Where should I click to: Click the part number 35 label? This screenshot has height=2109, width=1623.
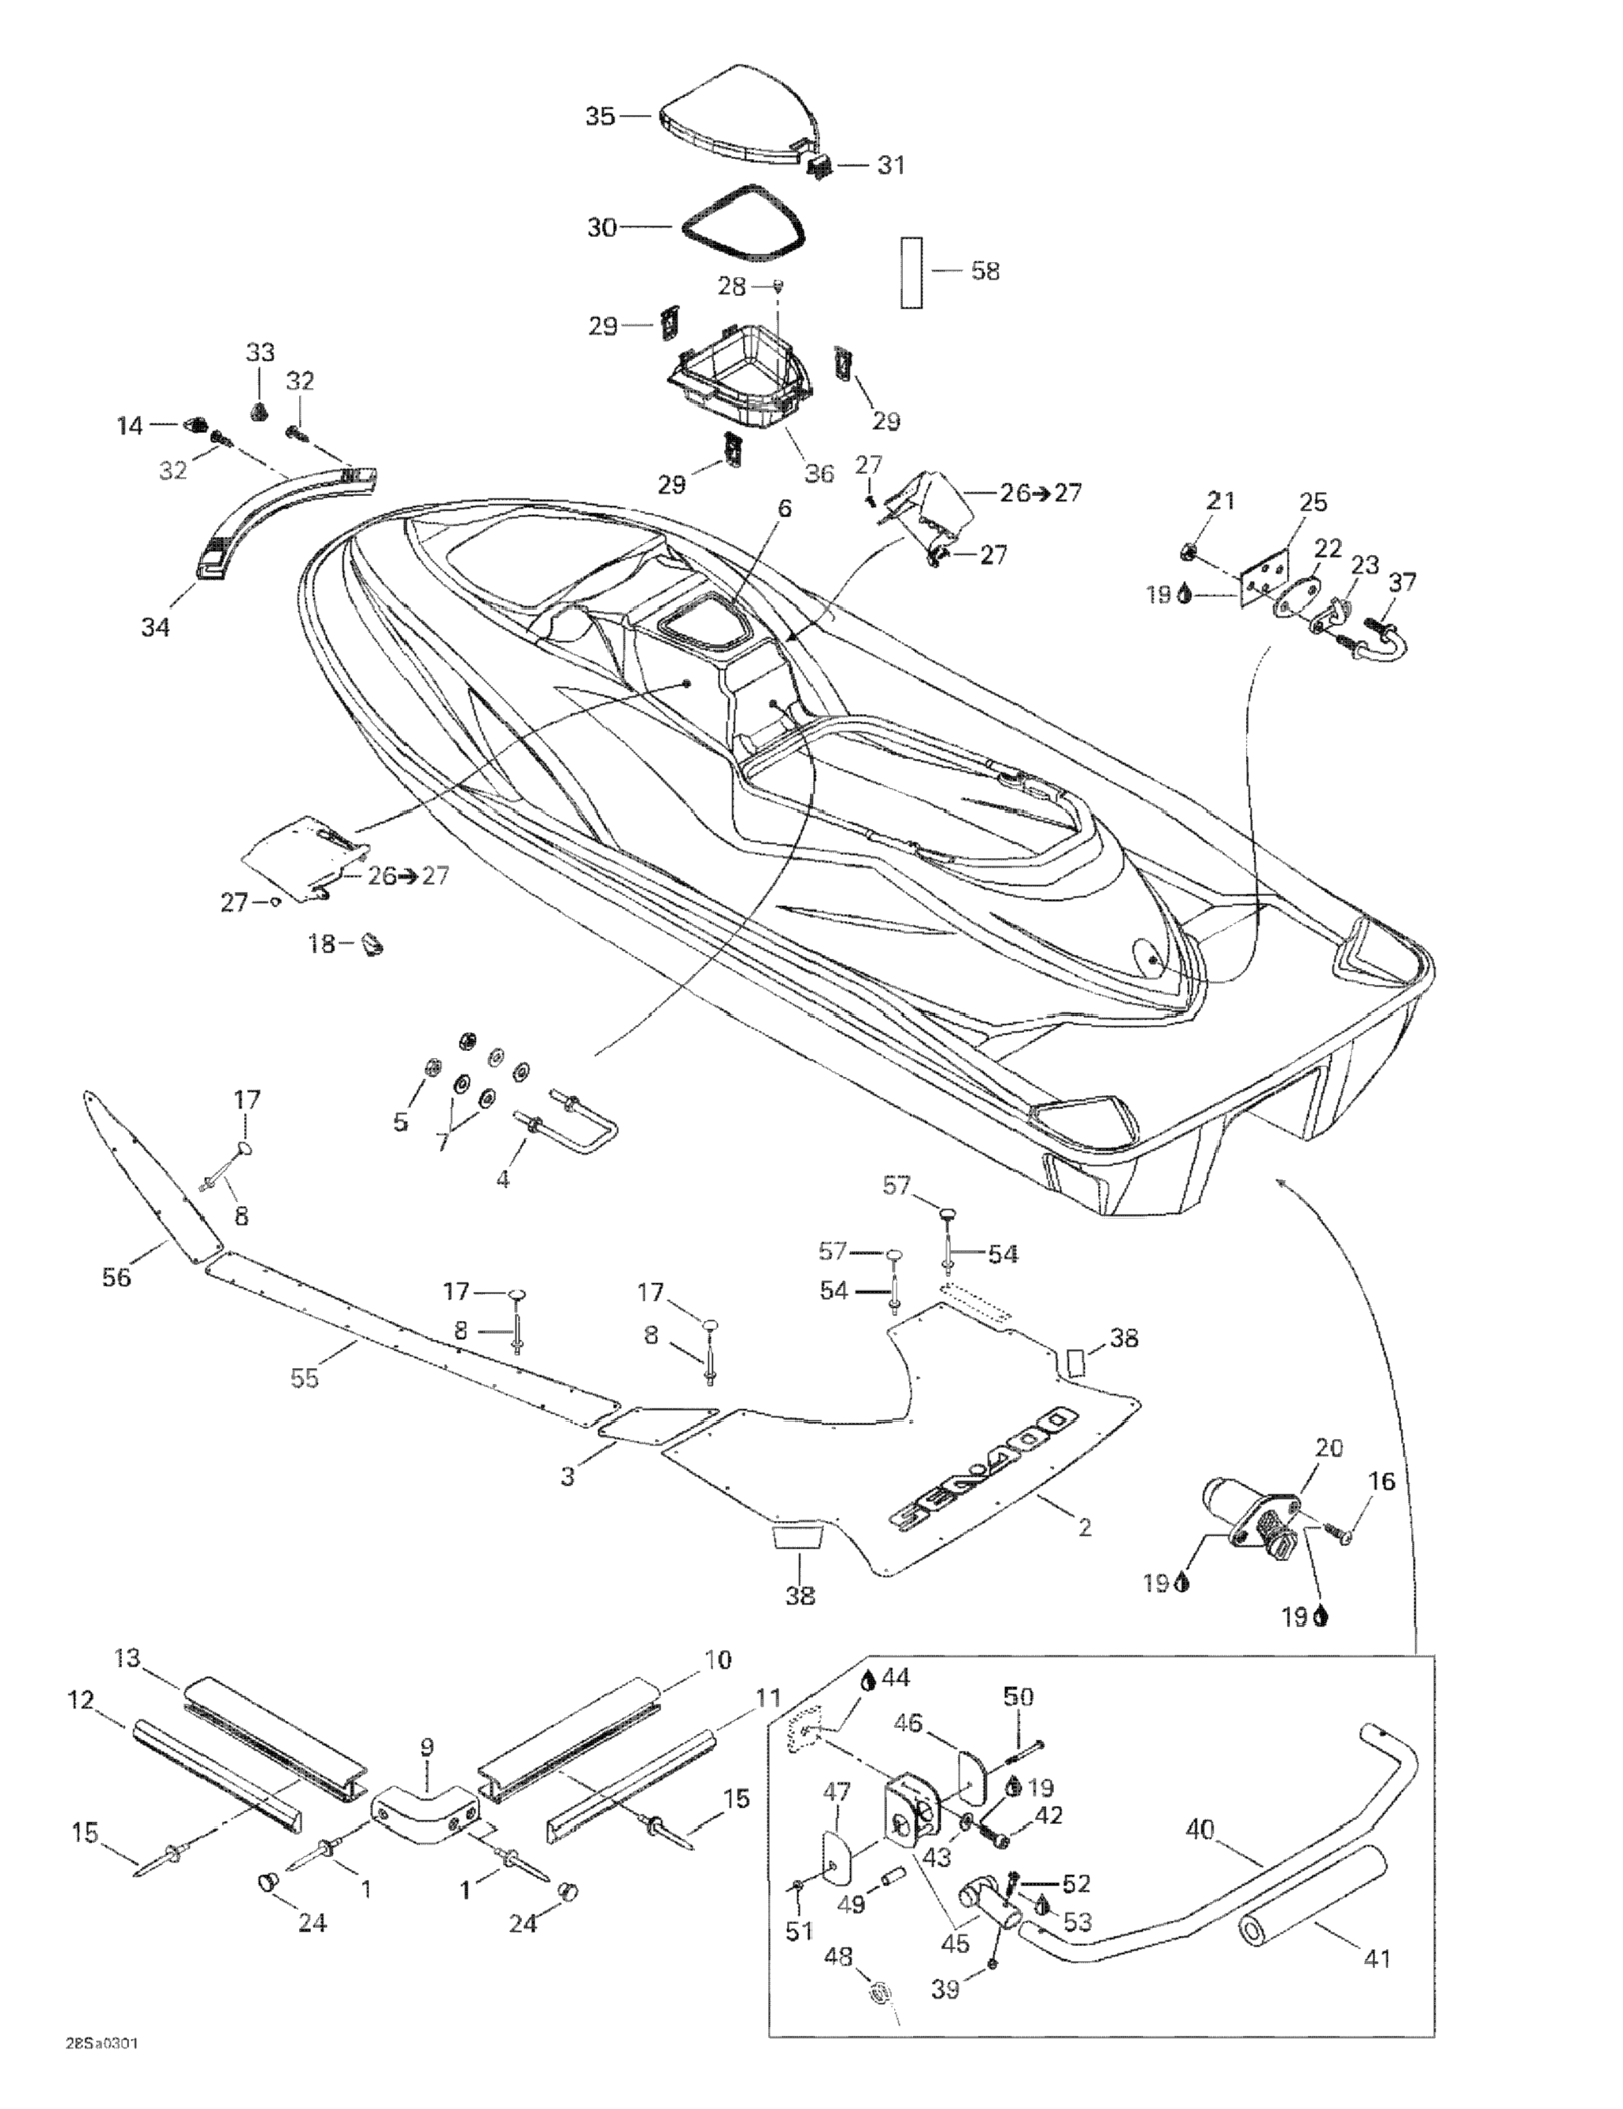[600, 117]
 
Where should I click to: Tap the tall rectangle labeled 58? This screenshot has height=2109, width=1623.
[912, 272]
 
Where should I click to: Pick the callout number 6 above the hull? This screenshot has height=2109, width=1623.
[784, 508]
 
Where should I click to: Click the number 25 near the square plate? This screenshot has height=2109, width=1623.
[1313, 502]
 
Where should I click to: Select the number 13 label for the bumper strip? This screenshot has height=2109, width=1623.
[128, 1658]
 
